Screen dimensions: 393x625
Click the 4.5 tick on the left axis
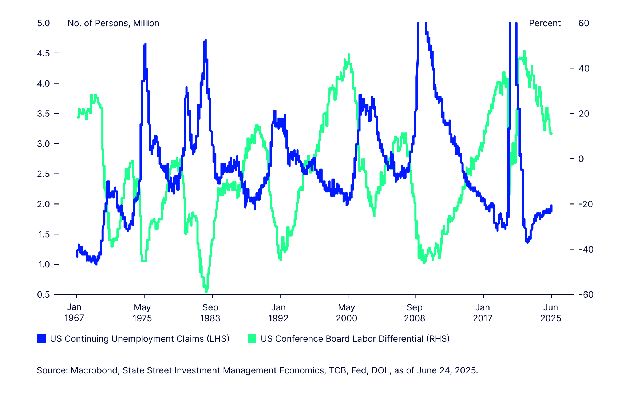click(43, 53)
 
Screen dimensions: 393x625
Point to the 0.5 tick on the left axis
click(43, 294)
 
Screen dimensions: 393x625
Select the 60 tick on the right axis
click(584, 23)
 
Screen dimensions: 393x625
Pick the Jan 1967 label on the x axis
click(74, 313)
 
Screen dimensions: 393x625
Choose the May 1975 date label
click(142, 313)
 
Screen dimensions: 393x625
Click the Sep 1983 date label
click(210, 313)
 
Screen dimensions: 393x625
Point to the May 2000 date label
click(346, 313)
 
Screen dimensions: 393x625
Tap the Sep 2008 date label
click(414, 313)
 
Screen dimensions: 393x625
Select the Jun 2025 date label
click(550, 313)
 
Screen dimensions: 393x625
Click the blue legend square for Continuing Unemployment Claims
click(41, 338)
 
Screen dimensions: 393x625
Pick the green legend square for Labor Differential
click(252, 338)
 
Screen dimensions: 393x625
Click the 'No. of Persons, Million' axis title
click(113, 23)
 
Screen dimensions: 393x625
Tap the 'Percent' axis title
click(545, 23)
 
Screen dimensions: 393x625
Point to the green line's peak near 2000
click(349, 55)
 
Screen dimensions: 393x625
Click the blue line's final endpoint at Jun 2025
click(551, 206)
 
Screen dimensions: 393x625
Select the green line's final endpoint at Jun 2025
click(551, 134)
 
